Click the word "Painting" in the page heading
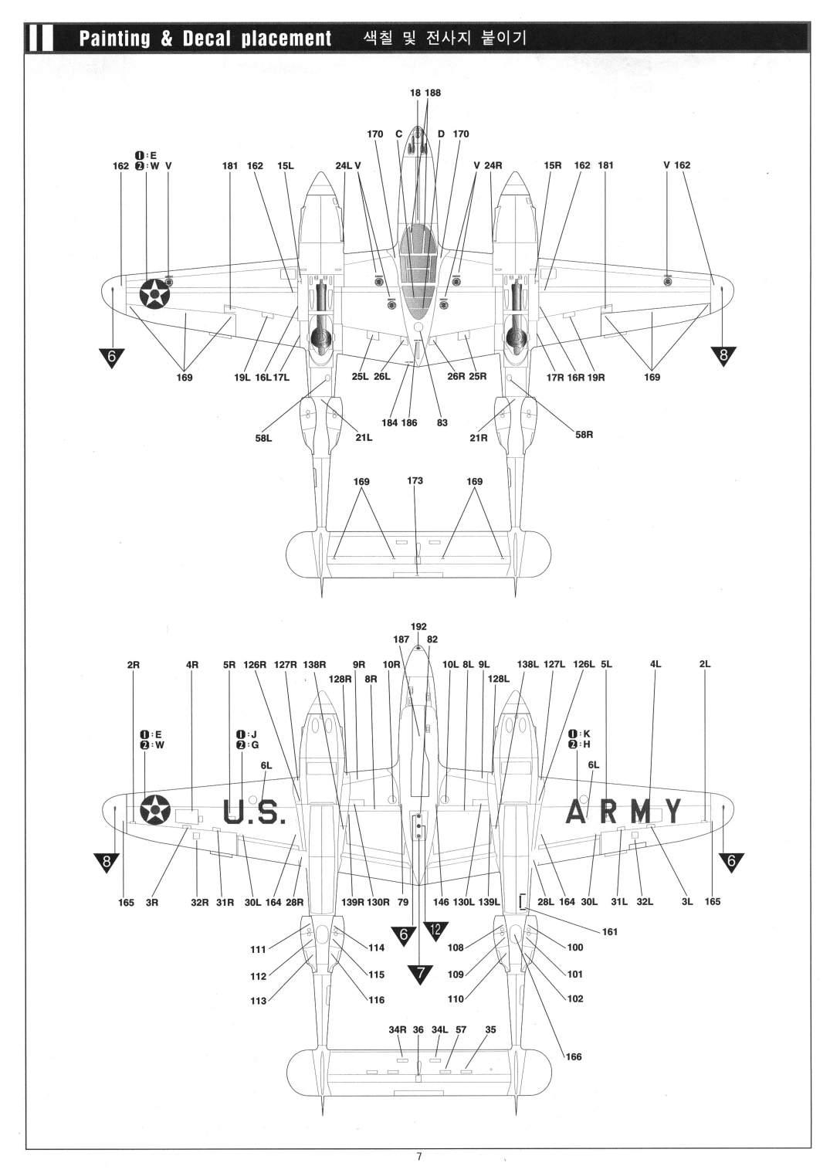coord(114,39)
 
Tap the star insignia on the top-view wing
coord(155,293)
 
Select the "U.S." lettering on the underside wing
coord(254,812)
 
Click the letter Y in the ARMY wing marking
coord(673,811)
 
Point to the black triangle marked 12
coord(435,930)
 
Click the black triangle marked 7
coord(420,975)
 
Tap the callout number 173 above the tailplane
coord(415,480)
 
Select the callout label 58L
coord(263,438)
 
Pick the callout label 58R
coord(584,434)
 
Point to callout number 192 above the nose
coord(418,626)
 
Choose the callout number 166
coord(574,1056)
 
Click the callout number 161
coord(610,931)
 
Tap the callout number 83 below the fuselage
coord(442,422)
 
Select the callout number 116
coord(376,1000)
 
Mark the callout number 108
coord(456,948)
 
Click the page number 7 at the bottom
coord(418,1156)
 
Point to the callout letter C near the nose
coord(398,134)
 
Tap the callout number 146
coord(441,902)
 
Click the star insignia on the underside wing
coord(155,810)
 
